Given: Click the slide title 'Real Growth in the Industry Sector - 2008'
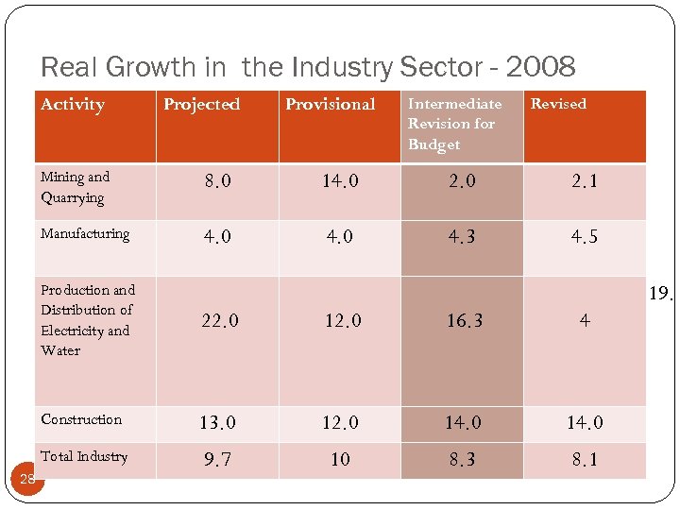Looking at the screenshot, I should pyautogui.click(x=308, y=67).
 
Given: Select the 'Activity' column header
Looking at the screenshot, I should pyautogui.click(x=73, y=105).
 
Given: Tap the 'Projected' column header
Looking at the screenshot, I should pyautogui.click(x=201, y=105).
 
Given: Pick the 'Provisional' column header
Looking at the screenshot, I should pyautogui.click(x=330, y=105).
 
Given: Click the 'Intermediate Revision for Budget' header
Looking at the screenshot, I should pyautogui.click(x=454, y=124).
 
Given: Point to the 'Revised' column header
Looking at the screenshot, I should pyautogui.click(x=558, y=104).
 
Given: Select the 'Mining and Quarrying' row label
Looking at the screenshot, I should pyautogui.click(x=75, y=187).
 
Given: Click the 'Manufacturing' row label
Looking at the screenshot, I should pyautogui.click(x=85, y=233).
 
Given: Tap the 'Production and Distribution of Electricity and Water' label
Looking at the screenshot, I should pyautogui.click(x=87, y=320).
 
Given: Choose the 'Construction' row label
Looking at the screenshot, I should pyautogui.click(x=81, y=419).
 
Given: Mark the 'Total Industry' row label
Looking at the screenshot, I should pyautogui.click(x=84, y=456).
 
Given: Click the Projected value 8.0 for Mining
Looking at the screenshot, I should pyautogui.click(x=217, y=181).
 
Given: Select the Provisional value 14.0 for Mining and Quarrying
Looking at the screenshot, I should pyautogui.click(x=340, y=181).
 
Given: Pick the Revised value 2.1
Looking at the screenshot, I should pyautogui.click(x=584, y=181).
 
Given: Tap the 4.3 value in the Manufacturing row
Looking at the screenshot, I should pyautogui.click(x=463, y=237).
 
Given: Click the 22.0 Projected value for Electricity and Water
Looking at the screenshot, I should pyautogui.click(x=219, y=321).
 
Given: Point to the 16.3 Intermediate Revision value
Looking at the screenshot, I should pyautogui.click(x=464, y=321).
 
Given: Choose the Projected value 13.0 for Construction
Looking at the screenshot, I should pyautogui.click(x=217, y=423).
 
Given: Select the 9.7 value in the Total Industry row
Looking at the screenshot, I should pyautogui.click(x=217, y=460).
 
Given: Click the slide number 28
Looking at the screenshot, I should pyautogui.click(x=27, y=479).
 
